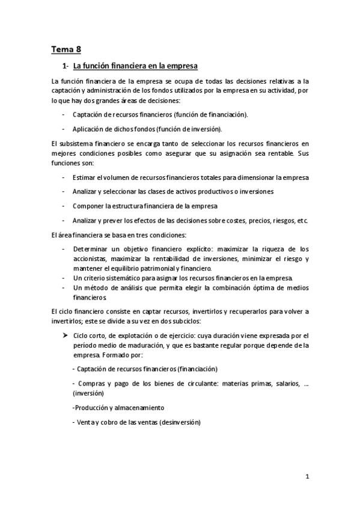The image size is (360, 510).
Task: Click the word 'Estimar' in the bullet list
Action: click(x=83, y=177)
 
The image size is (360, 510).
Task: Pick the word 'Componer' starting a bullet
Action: click(x=87, y=206)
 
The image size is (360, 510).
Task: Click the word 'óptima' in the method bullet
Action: click(x=242, y=287)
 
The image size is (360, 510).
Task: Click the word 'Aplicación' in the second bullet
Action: click(x=88, y=129)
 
